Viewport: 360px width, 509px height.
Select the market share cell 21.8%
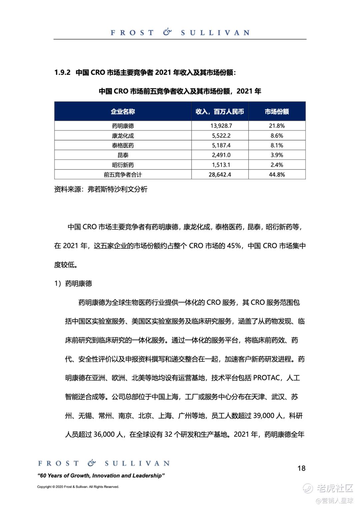coord(277,126)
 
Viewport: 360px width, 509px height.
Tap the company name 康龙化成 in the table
coord(123,136)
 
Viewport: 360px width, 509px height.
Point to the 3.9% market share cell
coord(277,155)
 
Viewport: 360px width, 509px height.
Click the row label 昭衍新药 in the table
coord(123,165)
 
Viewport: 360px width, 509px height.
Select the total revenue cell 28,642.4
coord(220,174)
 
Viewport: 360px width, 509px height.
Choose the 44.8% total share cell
coord(277,174)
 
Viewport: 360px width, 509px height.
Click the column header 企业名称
coord(123,111)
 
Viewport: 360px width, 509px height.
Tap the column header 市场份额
coord(277,111)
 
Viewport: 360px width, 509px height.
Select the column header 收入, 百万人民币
coord(220,111)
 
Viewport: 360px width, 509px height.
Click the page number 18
coord(301,468)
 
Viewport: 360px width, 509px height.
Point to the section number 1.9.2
coord(62,72)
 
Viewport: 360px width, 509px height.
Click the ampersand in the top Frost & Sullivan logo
coord(167,32)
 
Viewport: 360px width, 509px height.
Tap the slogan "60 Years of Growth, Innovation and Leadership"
coord(101,476)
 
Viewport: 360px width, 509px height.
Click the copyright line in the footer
coord(78,487)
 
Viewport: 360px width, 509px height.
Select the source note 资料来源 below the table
coord(101,189)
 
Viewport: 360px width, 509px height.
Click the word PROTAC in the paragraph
coord(267,378)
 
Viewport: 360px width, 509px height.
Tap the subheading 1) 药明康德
coord(73,284)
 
